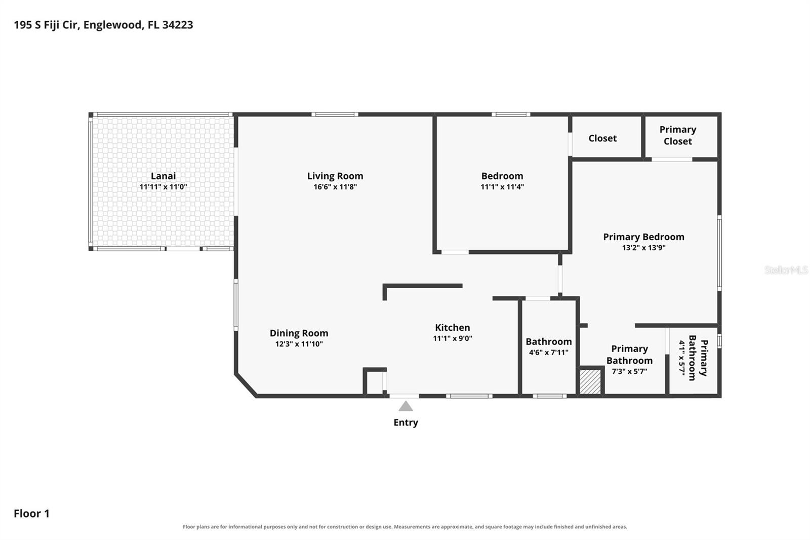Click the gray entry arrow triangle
pyautogui.click(x=406, y=406)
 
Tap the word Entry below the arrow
pyautogui.click(x=406, y=422)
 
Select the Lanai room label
pyautogui.click(x=163, y=176)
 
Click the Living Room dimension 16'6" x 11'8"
pyautogui.click(x=335, y=187)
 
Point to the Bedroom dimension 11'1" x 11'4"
pyautogui.click(x=502, y=187)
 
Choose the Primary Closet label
pyautogui.click(x=678, y=135)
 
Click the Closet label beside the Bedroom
pyautogui.click(x=602, y=138)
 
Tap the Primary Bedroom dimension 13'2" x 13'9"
pyautogui.click(x=643, y=248)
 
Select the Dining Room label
pyautogui.click(x=299, y=333)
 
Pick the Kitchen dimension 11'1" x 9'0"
pyautogui.click(x=453, y=338)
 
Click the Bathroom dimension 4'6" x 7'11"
pyautogui.click(x=549, y=352)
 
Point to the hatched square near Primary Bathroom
pyautogui.click(x=590, y=381)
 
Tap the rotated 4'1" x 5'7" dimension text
pyautogui.click(x=682, y=358)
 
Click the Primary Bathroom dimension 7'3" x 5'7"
pyautogui.click(x=629, y=371)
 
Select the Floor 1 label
pyautogui.click(x=31, y=513)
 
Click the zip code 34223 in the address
pyautogui.click(x=178, y=25)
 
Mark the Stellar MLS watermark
pyautogui.click(x=786, y=269)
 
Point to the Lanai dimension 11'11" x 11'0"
pyautogui.click(x=163, y=187)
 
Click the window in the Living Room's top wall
pyautogui.click(x=335, y=114)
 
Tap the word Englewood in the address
pyautogui.click(x=113, y=25)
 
